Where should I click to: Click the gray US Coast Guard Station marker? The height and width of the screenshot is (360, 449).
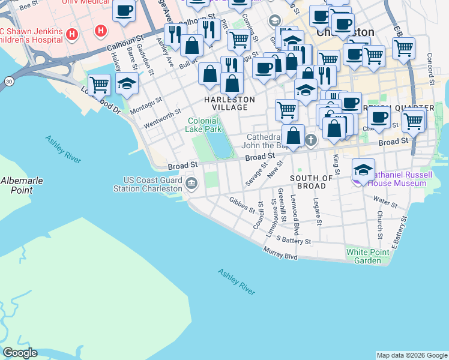tap(191, 184)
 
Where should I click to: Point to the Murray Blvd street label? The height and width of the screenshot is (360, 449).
tap(280, 253)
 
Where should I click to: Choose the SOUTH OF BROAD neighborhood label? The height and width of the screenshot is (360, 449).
tap(311, 182)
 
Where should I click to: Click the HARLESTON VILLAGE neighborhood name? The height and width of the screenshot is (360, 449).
tap(230, 103)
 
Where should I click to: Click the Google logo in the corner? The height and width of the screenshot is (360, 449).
tap(20, 353)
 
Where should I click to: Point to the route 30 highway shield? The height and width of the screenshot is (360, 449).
tap(8, 81)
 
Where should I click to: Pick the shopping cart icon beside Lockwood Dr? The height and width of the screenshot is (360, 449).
tap(99, 85)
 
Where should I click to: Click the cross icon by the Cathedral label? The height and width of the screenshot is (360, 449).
tap(310, 140)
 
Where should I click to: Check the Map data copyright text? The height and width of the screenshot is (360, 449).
tap(412, 355)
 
